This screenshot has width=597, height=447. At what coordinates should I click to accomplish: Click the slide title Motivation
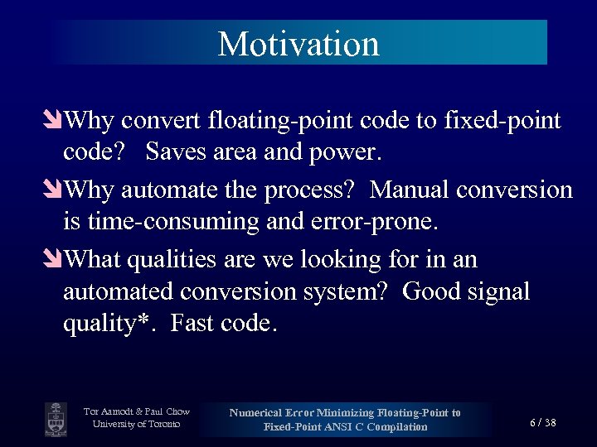coord(298,43)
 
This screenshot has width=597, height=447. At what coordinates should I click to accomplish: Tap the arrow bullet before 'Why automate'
coord(55,191)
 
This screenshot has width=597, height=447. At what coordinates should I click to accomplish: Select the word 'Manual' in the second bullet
coord(412,190)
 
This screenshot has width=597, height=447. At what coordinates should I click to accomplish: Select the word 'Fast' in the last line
coord(195,324)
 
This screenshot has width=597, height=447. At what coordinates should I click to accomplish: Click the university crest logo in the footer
coord(56,419)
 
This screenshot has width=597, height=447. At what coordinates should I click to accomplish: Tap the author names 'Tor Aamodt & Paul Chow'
coord(137,411)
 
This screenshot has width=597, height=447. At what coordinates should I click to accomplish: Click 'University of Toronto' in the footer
coord(137,425)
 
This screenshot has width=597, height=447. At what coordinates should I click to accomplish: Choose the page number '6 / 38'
coord(543,423)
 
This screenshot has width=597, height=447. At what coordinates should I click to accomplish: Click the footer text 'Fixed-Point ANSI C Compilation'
coord(345,427)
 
